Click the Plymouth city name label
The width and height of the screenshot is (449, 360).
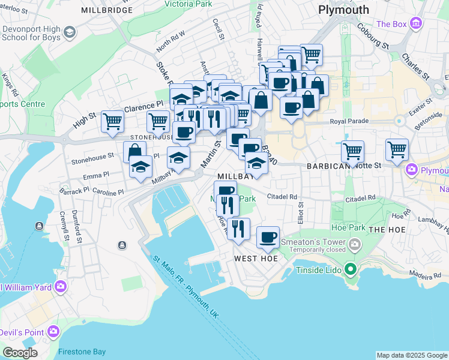click(343, 10)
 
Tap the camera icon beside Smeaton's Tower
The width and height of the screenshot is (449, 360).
click(355, 244)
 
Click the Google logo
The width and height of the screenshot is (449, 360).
click(20, 353)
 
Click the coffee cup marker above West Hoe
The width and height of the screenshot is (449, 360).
click(268, 238)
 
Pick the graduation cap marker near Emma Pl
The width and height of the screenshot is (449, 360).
click(140, 167)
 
